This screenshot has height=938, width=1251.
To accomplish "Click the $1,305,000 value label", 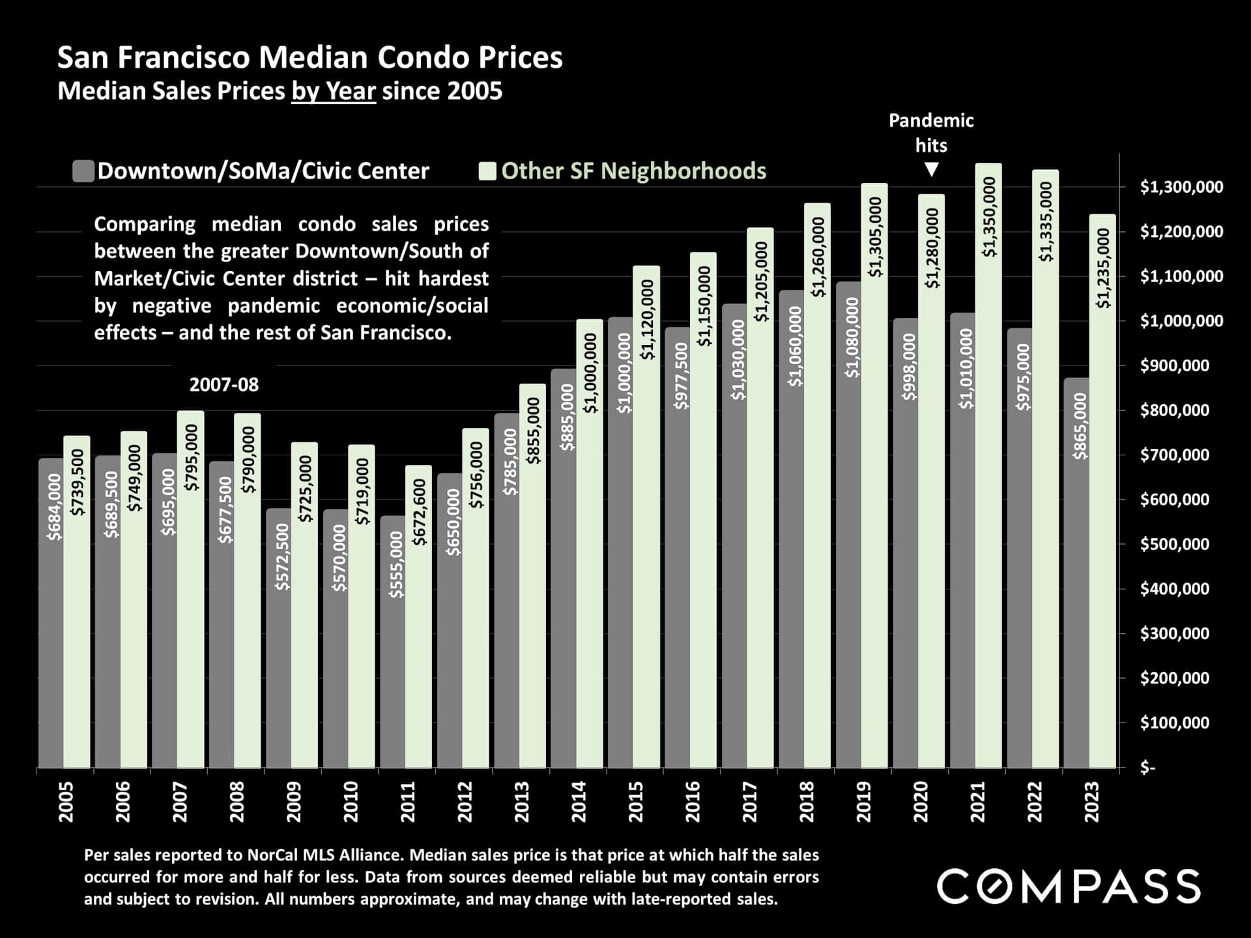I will [875, 236].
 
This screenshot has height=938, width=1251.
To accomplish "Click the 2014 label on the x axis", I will [579, 802].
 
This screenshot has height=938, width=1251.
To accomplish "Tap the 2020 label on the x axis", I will [921, 802].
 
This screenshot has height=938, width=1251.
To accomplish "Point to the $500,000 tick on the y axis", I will [1174, 545].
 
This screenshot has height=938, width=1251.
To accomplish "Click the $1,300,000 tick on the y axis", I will [1181, 188].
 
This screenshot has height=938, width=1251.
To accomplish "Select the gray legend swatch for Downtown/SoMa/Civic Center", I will [83, 171].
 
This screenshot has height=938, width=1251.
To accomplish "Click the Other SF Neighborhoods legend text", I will [633, 171].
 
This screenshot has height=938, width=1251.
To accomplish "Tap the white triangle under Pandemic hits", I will [932, 170].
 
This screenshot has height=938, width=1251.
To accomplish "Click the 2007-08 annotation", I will [223, 385].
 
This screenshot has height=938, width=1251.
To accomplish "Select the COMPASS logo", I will [1069, 887].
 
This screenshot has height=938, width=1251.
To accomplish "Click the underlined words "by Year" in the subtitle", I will [333, 91].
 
